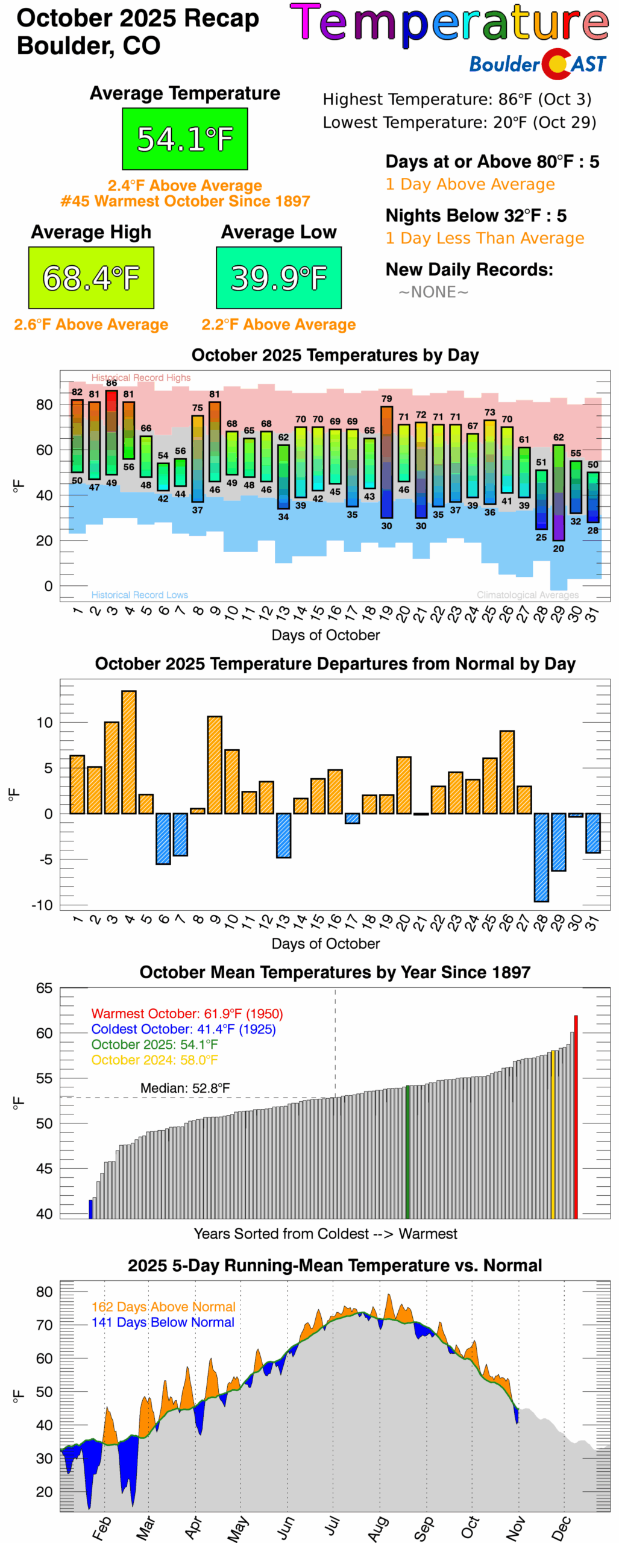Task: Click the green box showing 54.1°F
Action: click(184, 139)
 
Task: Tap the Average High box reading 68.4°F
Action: click(91, 277)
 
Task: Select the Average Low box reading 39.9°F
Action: click(278, 277)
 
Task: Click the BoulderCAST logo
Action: click(538, 64)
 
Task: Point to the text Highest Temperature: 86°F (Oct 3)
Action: click(457, 99)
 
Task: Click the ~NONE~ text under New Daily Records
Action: click(433, 292)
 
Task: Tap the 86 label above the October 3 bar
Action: click(112, 383)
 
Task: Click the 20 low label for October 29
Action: click(558, 548)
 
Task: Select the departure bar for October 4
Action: click(128, 752)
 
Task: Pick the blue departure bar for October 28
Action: click(541, 856)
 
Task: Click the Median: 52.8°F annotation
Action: click(184, 1088)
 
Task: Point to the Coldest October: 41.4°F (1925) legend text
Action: click(183, 1029)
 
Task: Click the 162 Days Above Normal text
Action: click(163, 1307)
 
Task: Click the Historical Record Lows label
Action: click(139, 595)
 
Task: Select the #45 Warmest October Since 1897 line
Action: click(185, 201)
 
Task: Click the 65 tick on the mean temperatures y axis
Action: click(44, 988)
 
